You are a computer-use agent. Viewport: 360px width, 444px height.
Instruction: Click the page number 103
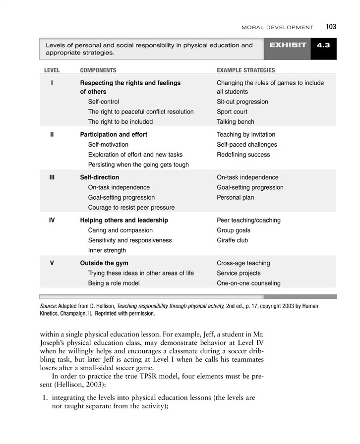(331, 27)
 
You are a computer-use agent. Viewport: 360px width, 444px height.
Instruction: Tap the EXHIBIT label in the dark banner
(288, 45)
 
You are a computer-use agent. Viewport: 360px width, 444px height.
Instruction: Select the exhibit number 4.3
(323, 45)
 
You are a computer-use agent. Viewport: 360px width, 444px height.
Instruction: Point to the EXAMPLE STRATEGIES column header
(245, 71)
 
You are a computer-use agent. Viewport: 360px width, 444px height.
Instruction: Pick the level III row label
(52, 177)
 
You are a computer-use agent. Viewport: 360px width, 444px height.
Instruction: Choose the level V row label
(52, 263)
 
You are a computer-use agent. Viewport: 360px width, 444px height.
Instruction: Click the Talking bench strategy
(236, 122)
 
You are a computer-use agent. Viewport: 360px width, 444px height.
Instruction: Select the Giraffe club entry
(233, 240)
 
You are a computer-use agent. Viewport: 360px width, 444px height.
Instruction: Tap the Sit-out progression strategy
(242, 102)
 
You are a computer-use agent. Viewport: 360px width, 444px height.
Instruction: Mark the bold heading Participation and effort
(114, 135)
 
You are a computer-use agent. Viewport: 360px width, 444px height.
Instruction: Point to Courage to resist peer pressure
(131, 208)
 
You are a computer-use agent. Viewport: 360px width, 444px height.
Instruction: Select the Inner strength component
(107, 251)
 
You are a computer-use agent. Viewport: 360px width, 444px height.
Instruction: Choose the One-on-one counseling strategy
(248, 283)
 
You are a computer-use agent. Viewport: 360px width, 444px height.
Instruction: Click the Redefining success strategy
(243, 155)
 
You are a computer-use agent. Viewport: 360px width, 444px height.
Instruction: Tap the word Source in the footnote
(48, 306)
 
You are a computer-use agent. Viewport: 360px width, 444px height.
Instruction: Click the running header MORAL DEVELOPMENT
(277, 27)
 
